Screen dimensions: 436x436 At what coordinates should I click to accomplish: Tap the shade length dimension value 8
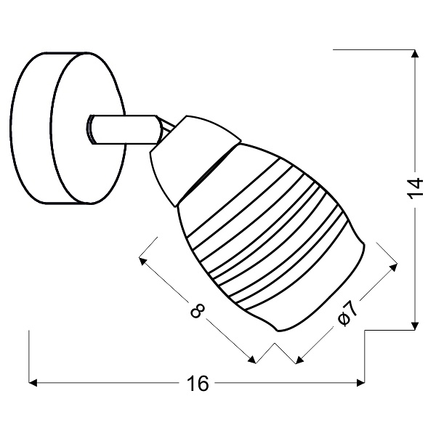pos(195,311)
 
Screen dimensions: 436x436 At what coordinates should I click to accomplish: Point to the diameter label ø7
pos(347,312)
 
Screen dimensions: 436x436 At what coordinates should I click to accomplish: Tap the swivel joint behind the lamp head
pos(163,131)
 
